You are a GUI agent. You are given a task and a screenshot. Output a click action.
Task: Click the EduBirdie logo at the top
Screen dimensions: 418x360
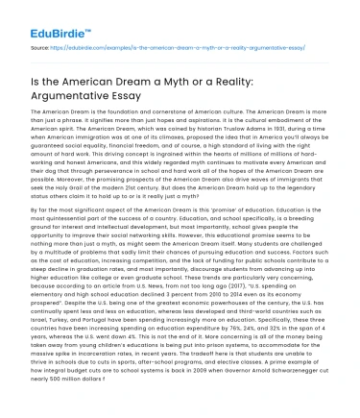(46, 16)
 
